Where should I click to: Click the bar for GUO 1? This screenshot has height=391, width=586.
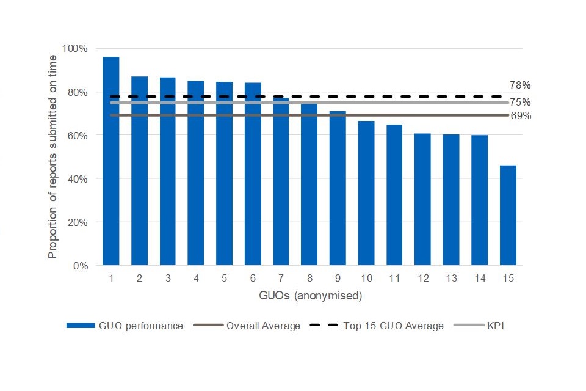110,162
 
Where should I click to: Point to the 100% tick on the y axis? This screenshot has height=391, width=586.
76,48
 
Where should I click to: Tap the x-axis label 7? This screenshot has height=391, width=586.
281,279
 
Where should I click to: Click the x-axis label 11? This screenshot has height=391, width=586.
394,279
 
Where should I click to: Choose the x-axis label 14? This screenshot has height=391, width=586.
479,279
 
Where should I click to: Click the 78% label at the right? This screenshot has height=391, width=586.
520,86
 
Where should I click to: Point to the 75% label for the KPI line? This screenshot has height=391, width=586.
520,102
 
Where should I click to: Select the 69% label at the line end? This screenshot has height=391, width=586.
520,115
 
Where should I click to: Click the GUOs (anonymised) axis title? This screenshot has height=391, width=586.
311,296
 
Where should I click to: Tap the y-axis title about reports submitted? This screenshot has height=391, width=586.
53,157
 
